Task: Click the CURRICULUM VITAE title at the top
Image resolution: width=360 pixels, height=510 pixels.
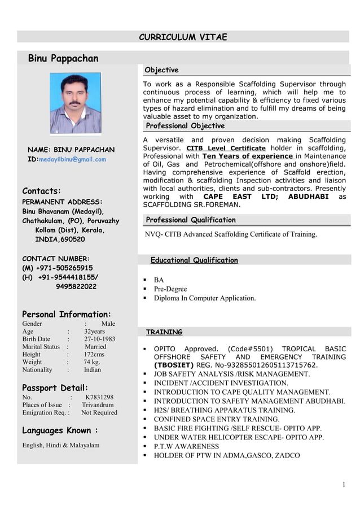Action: point(183,37)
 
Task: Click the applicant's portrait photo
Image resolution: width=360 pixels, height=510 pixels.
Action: point(76,103)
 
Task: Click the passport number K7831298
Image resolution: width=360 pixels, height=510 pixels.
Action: point(99,397)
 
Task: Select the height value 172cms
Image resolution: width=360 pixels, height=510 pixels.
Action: point(94,354)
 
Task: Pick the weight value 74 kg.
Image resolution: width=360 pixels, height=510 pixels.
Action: point(92,362)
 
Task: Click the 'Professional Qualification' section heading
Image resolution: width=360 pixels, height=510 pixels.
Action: point(191,220)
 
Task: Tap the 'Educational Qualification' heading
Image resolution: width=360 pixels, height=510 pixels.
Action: point(194,260)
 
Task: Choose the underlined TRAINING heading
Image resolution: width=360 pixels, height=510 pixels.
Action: point(164,332)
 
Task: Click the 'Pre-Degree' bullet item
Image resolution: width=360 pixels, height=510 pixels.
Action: point(170,289)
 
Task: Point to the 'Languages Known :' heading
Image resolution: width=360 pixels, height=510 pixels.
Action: point(60,430)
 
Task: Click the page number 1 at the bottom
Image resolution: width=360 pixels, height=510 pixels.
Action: point(344,485)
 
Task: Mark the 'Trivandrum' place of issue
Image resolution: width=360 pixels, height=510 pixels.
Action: point(98,405)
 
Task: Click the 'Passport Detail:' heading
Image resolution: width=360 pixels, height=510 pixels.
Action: point(55,387)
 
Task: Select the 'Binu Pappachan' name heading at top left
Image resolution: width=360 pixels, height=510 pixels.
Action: point(63,59)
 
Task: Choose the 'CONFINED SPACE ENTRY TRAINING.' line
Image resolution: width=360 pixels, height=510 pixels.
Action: point(217,419)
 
